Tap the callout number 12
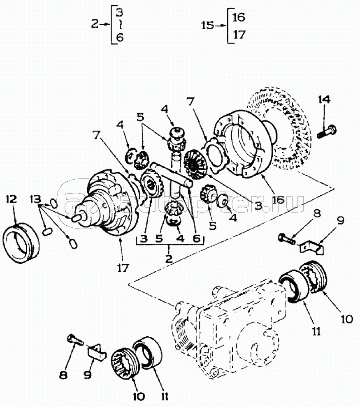click(x=11, y=199)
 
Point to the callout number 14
click(x=324, y=100)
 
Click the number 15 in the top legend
click(x=208, y=25)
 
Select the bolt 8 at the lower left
click(x=74, y=340)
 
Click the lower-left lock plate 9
click(x=98, y=350)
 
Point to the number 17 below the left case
click(x=123, y=268)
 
